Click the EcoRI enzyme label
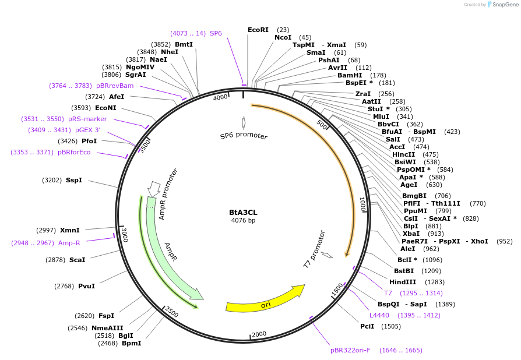coord(258,30)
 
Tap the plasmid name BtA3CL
coord(243,213)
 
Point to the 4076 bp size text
coord(243,220)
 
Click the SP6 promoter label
coord(244,136)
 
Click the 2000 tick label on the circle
coord(258,334)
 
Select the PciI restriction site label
coord(367,327)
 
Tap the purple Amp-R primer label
coord(69,243)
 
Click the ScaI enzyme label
coord(77,260)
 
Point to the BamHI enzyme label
coord(350,75)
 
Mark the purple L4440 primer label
coord(379,315)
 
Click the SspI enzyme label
coord(74,181)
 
